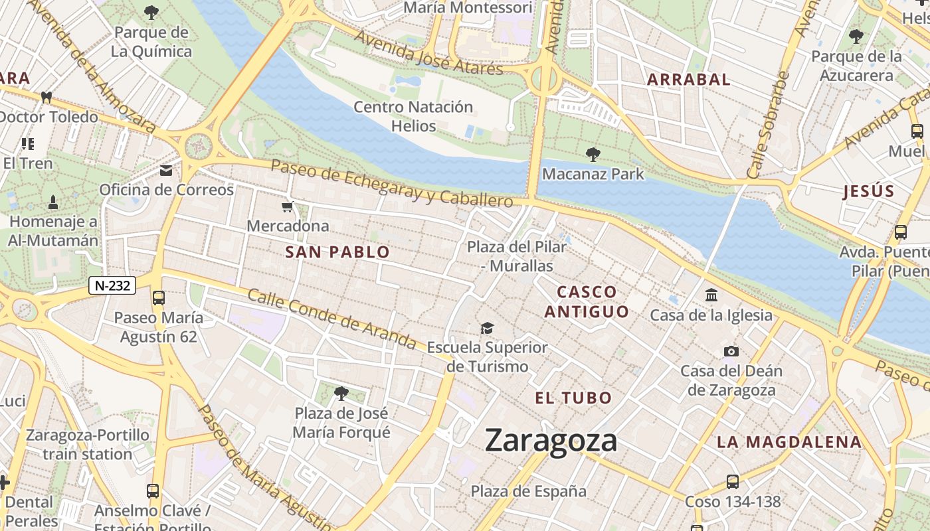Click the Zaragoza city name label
[551, 441]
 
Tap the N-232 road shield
[112, 285]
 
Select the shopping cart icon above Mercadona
[288, 207]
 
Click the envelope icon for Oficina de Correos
[166, 171]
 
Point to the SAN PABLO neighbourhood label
[337, 252]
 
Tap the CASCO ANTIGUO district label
[587, 301]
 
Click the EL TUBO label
[573, 398]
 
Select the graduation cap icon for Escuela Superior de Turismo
[488, 328]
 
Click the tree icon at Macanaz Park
[593, 155]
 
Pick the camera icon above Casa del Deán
[731, 351]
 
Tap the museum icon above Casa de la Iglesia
[711, 295]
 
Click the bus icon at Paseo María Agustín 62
[158, 297]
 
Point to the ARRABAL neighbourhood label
[688, 80]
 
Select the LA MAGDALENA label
[789, 442]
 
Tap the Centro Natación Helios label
[413, 116]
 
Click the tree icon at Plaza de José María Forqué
[341, 394]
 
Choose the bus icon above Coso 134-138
[732, 481]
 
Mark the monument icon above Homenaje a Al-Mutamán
[53, 202]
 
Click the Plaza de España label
[528, 491]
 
